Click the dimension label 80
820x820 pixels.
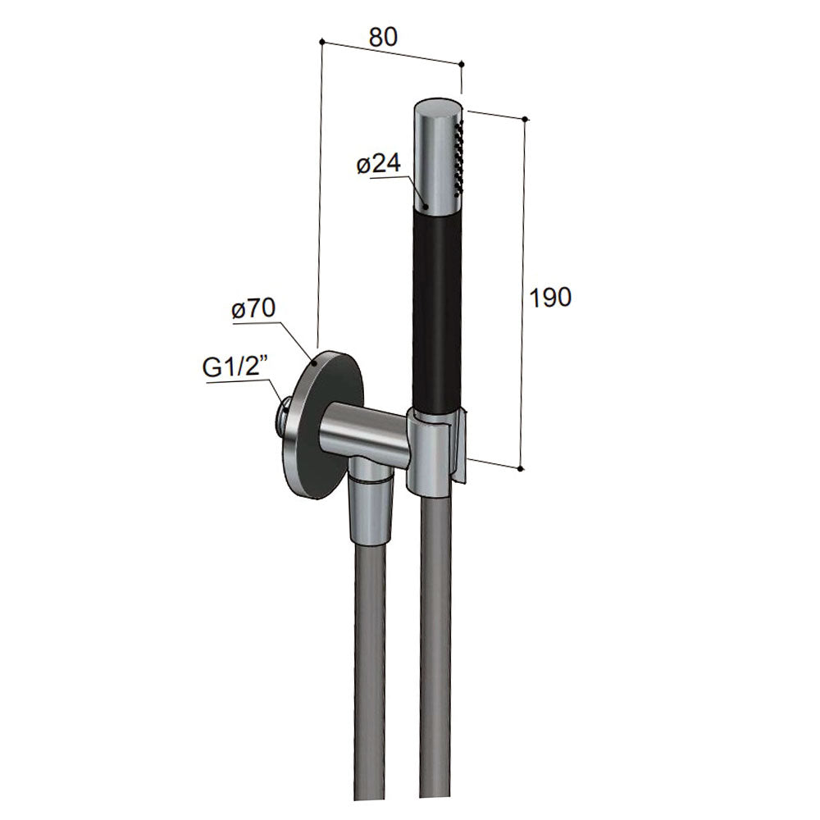[383, 37]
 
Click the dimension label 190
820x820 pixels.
[551, 297]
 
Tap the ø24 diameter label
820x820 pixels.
[379, 164]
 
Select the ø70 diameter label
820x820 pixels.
[253, 308]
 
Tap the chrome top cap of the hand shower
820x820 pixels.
[438, 152]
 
